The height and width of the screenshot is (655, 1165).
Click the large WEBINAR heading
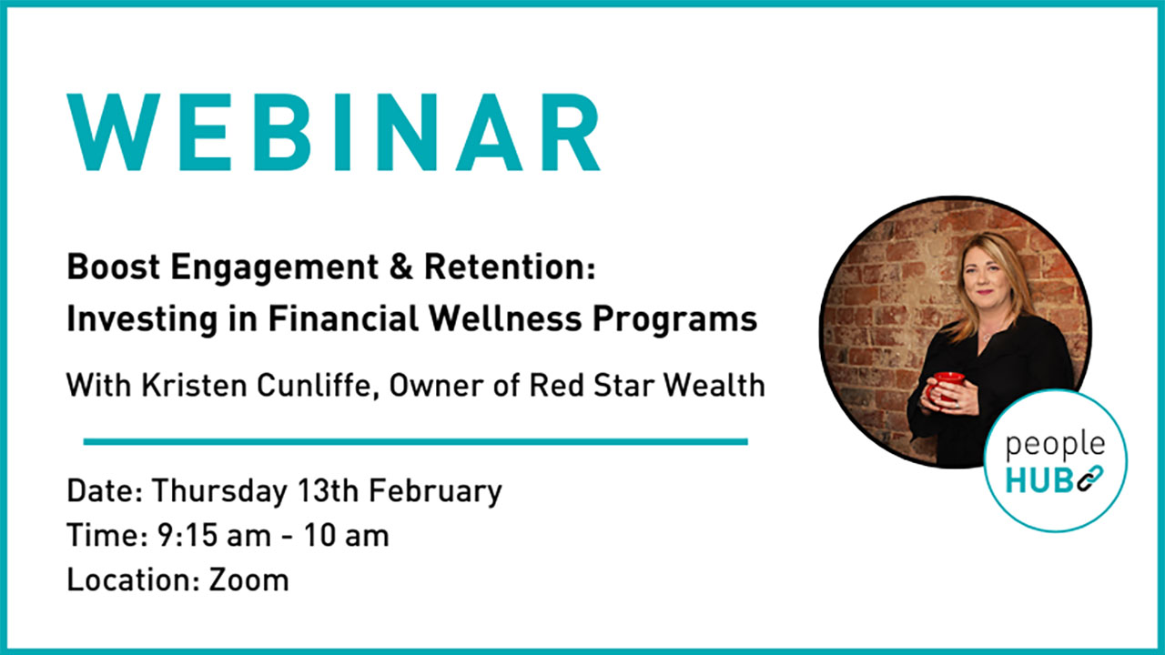click(x=334, y=132)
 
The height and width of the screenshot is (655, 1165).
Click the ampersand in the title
click(x=400, y=267)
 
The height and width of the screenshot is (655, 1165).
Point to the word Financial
click(x=343, y=318)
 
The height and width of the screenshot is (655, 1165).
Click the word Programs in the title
click(x=675, y=319)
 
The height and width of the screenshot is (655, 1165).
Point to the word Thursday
click(x=219, y=491)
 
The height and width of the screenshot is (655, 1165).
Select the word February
click(x=435, y=491)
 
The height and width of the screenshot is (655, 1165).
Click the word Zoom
click(x=248, y=579)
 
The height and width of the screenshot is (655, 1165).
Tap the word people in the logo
click(x=1055, y=446)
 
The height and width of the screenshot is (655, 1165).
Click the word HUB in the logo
click(x=1038, y=479)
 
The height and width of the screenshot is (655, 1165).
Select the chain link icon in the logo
click(x=1089, y=479)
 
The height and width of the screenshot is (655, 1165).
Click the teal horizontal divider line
click(x=416, y=442)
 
